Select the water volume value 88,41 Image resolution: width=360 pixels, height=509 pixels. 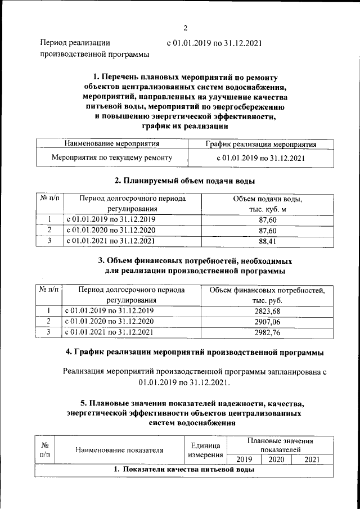pyautogui.click(x=268, y=241)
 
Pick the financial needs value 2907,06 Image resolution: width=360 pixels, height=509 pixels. pyautogui.click(x=267, y=322)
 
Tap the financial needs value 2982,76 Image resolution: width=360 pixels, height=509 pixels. pyautogui.click(x=267, y=332)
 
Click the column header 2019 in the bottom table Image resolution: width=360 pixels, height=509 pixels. pyautogui.click(x=244, y=460)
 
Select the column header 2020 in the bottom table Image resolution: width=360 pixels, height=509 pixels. pyautogui.click(x=276, y=460)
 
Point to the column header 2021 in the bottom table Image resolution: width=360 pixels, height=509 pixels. pyautogui.click(x=311, y=460)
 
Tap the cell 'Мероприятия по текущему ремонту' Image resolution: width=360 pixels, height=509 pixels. pyautogui.click(x=111, y=158)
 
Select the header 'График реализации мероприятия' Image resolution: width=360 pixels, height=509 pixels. pyautogui.click(x=260, y=145)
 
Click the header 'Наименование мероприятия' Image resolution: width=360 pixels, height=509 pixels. pyautogui.click(x=111, y=145)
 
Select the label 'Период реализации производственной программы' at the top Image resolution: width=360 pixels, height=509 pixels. pyautogui.click(x=94, y=48)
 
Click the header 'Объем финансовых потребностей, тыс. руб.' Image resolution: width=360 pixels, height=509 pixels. pyautogui.click(x=267, y=295)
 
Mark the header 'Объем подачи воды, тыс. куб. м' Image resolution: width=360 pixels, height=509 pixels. pyautogui.click(x=268, y=204)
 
